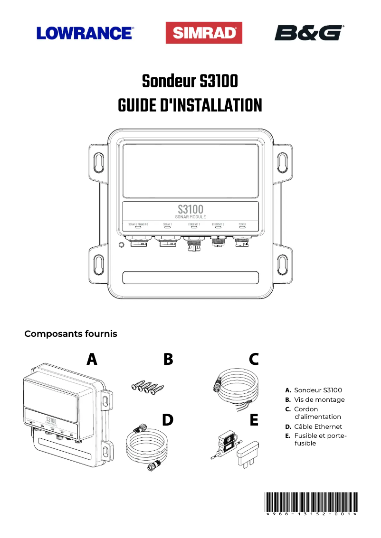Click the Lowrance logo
pos(85,33)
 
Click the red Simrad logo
pos(204,33)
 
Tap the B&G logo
pos(309,33)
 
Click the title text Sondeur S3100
pos(190,82)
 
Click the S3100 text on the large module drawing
pos(190,209)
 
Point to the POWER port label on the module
pos(242,224)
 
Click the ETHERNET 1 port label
pos(190,224)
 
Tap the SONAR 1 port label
pos(167,224)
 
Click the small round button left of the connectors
pos(121,245)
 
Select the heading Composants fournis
pos(71,334)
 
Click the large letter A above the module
pos(92,359)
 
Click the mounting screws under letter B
pos(147,387)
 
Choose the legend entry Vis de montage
pos(319,399)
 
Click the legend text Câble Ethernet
pos(317,427)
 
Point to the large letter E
pos(254,420)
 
